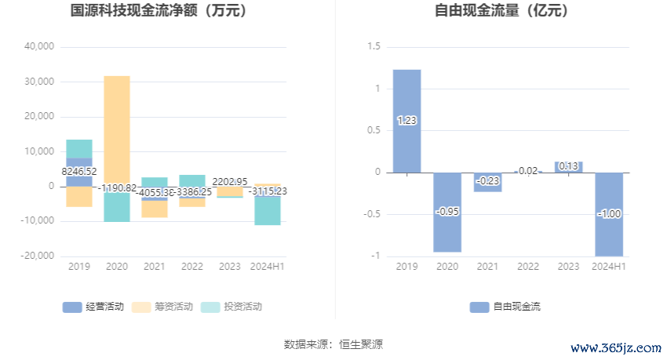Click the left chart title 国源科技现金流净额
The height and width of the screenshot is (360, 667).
[159, 11]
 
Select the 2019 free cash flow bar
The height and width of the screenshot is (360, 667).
[406, 121]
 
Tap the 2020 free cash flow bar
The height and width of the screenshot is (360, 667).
[447, 212]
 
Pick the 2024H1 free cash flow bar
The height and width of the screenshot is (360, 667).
[609, 213]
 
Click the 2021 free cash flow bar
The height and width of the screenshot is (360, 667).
[487, 182]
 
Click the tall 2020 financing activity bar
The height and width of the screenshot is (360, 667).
[117, 129]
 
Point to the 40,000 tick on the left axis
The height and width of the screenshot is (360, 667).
[39, 46]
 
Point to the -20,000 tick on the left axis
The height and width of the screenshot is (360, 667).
[38, 256]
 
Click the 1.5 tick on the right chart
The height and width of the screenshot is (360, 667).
[374, 47]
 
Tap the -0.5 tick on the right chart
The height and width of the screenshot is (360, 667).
[371, 214]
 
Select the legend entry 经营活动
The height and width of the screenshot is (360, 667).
[93, 307]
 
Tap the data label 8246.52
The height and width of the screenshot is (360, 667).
[79, 171]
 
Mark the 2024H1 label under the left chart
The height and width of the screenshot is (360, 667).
[268, 267]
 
